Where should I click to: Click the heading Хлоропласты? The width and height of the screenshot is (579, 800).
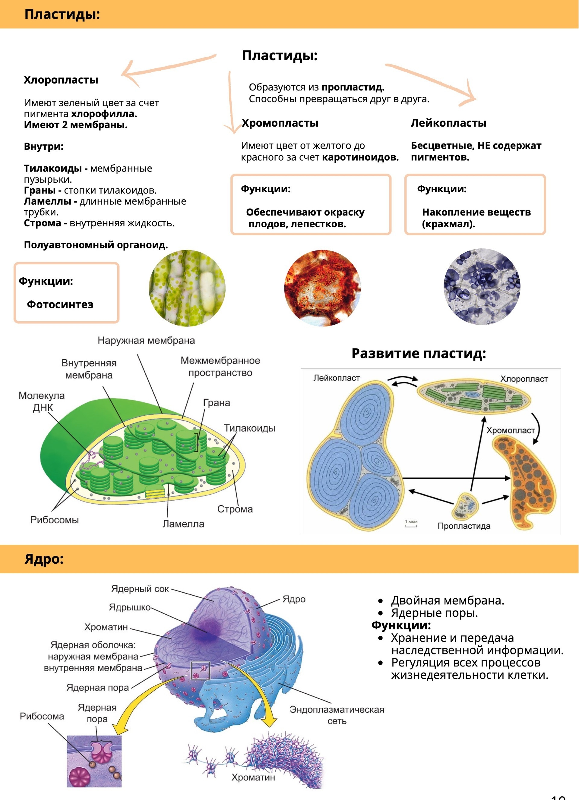(61, 80)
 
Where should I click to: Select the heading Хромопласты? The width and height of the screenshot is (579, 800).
(280, 123)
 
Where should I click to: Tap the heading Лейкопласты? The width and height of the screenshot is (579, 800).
(448, 123)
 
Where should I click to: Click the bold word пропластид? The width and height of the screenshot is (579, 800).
(353, 87)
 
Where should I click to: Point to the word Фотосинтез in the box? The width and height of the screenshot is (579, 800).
(60, 304)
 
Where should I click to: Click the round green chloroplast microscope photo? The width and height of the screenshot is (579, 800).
(187, 288)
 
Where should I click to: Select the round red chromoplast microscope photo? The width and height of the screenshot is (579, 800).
(322, 288)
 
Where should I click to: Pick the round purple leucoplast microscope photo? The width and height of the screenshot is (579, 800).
(482, 286)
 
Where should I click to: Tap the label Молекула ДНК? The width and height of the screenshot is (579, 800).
(42, 402)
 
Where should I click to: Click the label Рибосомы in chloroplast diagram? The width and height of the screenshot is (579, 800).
(54, 520)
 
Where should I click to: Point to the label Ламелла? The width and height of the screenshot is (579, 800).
(183, 524)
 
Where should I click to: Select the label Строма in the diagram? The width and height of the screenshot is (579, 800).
(235, 509)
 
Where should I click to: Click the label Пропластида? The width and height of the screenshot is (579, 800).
(464, 526)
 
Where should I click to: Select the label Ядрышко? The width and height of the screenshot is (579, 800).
(129, 607)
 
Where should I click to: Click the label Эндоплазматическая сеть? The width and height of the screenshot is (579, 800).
(337, 715)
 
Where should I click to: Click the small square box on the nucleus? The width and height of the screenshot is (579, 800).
(200, 670)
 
